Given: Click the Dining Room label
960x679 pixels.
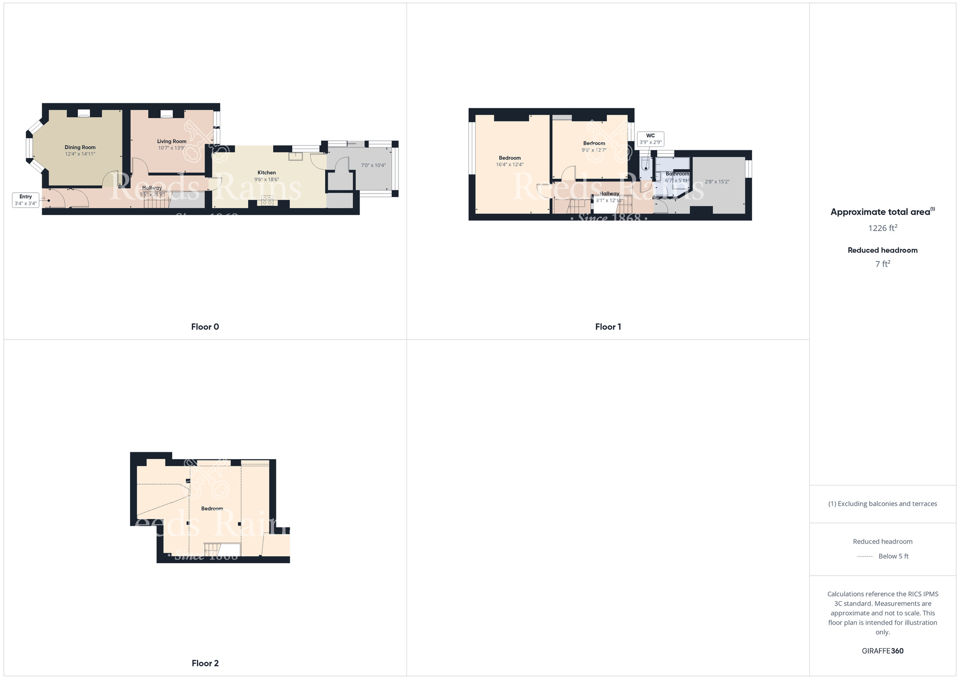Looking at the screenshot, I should tap(80, 147).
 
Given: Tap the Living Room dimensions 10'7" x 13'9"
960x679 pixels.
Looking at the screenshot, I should tap(171, 148).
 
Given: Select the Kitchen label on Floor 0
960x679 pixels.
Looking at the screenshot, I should tap(266, 172).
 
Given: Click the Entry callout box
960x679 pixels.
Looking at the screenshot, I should tap(25, 200).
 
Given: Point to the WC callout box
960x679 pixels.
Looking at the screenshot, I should tap(650, 139).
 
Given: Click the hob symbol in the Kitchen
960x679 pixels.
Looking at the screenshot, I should tap(267, 201).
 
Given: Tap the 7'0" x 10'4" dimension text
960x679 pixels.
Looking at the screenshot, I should tap(373, 165).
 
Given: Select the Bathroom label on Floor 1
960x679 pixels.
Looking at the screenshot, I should tap(677, 174).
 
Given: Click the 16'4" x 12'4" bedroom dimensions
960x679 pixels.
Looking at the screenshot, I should tap(509, 165).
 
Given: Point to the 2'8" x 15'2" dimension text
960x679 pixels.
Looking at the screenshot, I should tap(717, 182).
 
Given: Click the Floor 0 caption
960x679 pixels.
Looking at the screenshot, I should tap(205, 327).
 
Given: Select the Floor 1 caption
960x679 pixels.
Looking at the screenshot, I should tap(608, 327).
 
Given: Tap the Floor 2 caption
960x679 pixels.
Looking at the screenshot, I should tap(205, 663).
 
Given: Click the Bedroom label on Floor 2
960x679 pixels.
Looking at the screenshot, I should tap(212, 509).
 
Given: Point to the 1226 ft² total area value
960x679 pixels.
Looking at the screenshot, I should tap(882, 228).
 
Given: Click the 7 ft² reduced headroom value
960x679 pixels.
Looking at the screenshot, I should tap(882, 264).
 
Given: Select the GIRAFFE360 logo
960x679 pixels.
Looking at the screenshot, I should tap(882, 651).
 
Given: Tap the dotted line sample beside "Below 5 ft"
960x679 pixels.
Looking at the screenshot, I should tap(865, 557).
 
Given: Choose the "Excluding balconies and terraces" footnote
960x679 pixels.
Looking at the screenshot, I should tap(882, 504).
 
